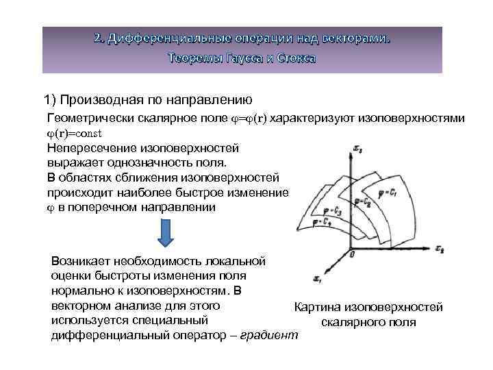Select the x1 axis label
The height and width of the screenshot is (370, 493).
[316, 278]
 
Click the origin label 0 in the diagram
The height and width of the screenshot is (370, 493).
[351, 254]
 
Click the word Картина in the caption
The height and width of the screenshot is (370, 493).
[318, 307]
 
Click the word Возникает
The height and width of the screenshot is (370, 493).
[79, 261]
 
